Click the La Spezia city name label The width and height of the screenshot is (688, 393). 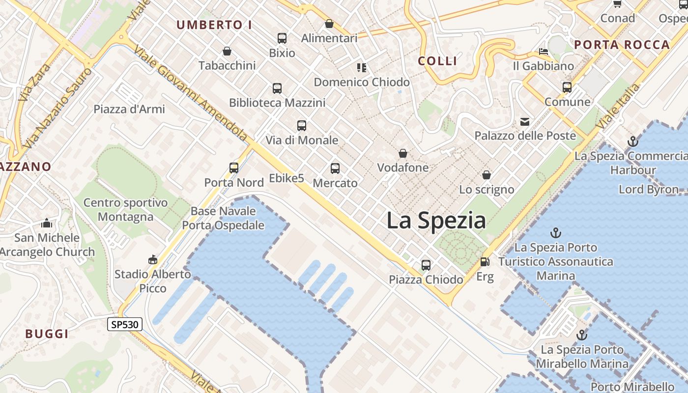(x=436, y=220)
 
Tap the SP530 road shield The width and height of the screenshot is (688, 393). (x=125, y=324)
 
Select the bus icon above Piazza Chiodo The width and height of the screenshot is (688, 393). (x=426, y=265)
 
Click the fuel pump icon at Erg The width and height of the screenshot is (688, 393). (x=485, y=262)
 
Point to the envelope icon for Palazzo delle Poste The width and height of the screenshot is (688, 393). (x=525, y=121)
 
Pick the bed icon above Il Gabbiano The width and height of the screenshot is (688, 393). (x=543, y=51)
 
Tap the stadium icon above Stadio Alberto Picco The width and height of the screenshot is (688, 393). (x=153, y=259)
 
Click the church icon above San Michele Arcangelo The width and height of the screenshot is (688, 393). (x=47, y=224)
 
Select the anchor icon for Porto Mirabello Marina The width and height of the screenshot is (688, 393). (x=582, y=336)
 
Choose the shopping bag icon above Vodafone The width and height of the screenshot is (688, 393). (x=403, y=154)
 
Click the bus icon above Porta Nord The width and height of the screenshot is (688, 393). (x=234, y=168)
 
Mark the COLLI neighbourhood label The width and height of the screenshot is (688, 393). (x=437, y=61)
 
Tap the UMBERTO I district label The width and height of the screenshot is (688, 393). (x=214, y=25)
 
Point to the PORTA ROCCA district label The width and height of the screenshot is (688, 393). (x=622, y=45)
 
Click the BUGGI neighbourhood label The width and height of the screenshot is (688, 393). (x=47, y=334)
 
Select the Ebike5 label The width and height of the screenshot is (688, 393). (x=287, y=178)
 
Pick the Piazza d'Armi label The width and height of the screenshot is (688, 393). (x=129, y=109)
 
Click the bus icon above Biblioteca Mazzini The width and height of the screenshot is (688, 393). (x=277, y=88)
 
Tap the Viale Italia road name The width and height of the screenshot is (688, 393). (x=618, y=107)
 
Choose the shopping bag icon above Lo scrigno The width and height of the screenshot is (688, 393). (x=487, y=175)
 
